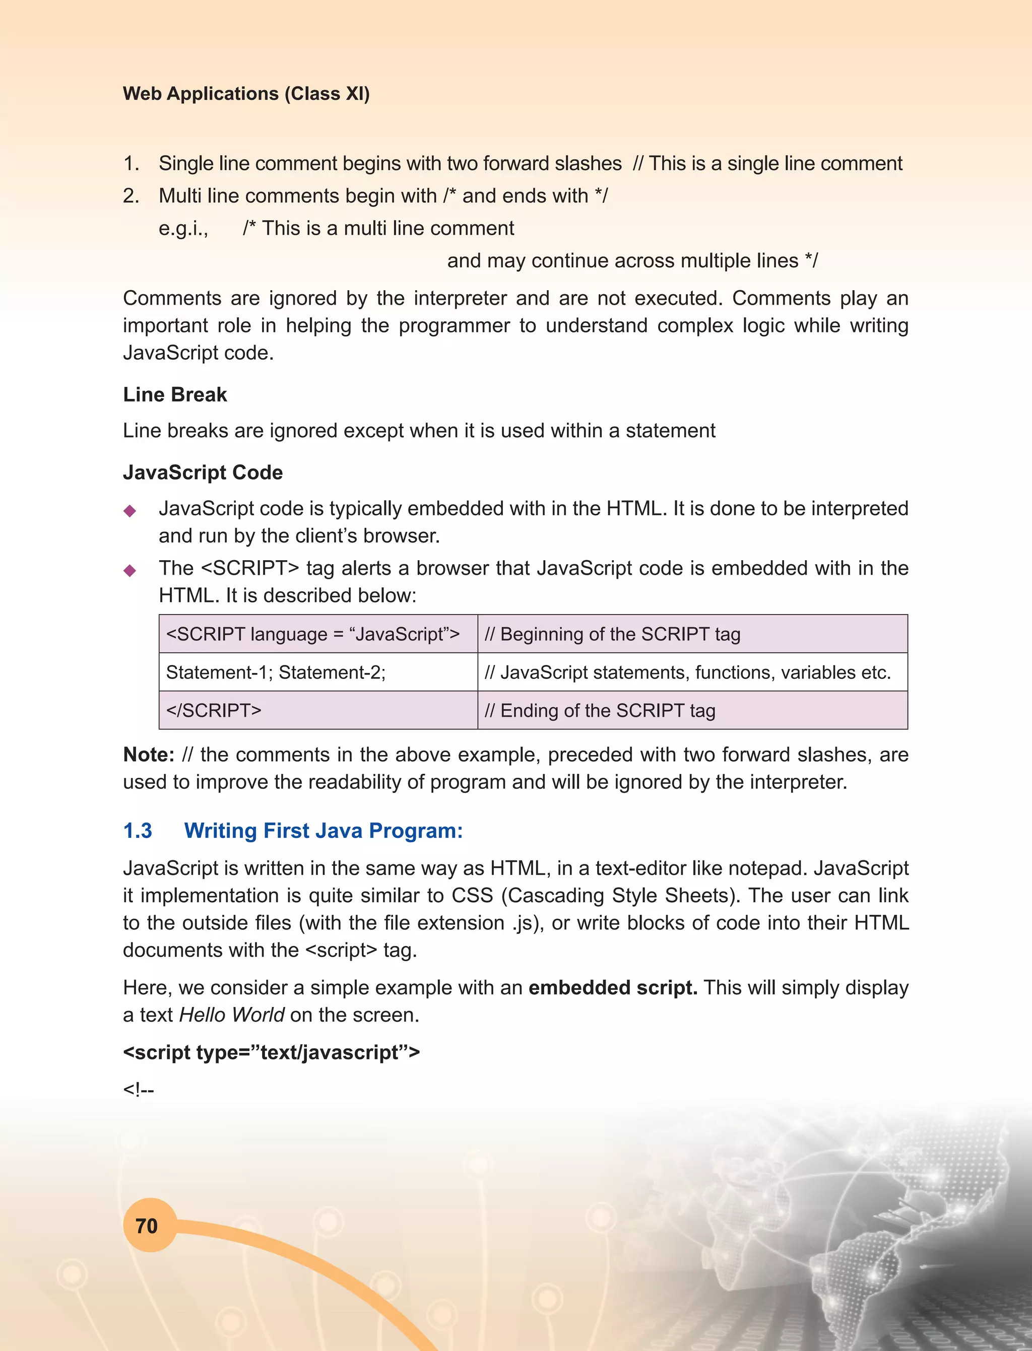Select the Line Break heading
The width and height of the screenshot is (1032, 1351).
click(x=174, y=394)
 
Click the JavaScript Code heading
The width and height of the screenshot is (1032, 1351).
click(x=203, y=472)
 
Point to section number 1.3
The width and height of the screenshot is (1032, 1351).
click(x=138, y=830)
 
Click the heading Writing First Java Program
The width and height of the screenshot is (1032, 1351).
click(x=323, y=830)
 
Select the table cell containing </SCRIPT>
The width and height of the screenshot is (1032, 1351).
click(x=214, y=710)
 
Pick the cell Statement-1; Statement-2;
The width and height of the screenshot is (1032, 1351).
click(x=276, y=672)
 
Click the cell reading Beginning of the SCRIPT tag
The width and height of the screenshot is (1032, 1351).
click(x=612, y=634)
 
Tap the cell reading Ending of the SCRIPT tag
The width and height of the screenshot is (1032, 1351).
click(x=600, y=710)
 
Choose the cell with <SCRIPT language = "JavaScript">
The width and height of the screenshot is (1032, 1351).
click(x=312, y=634)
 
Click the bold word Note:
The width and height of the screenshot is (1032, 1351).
click(x=149, y=754)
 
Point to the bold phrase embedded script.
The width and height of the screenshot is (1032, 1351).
click(x=612, y=987)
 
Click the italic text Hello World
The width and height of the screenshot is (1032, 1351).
click(x=232, y=1015)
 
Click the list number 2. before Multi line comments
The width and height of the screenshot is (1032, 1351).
click(x=131, y=196)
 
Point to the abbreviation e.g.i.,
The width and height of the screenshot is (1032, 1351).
click(x=183, y=229)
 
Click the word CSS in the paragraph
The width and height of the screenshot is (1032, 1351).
click(x=472, y=895)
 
